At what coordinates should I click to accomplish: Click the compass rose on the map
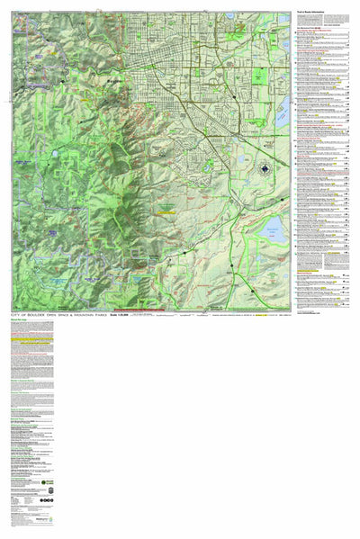click(x=266, y=168)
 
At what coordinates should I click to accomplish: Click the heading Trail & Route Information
click(x=315, y=12)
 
